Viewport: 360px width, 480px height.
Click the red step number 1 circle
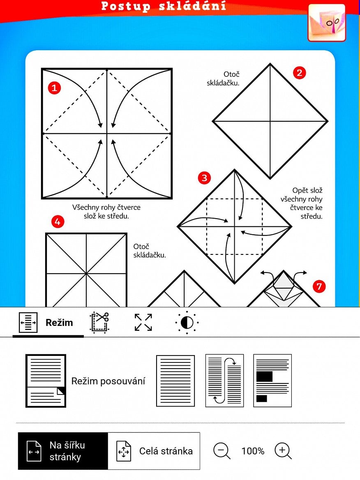pos(54,88)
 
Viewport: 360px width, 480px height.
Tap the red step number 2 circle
pos(299,73)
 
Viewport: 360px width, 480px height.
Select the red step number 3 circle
pos(204,178)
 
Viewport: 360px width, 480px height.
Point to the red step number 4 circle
pos(57,222)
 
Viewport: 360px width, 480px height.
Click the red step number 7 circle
pos(319,286)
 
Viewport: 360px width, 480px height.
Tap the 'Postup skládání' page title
pos(164,6)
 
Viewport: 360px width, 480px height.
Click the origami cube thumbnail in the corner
pos(327,23)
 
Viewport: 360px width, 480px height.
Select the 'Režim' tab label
pos(59,323)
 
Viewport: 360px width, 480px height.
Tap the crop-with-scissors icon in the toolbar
pos(99,322)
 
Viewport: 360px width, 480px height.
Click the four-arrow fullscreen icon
pos(143,322)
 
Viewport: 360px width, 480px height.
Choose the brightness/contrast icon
pos(187,323)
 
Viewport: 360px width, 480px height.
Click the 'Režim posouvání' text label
pos(108,381)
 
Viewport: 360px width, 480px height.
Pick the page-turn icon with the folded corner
pos(46,381)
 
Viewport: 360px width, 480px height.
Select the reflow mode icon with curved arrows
pos(224,381)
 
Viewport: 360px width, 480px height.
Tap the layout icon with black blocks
pos(272,381)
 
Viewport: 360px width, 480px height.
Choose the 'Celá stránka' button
pos(154,451)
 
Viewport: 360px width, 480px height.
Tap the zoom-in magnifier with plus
pos(283,451)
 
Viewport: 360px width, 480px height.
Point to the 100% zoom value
pos(253,451)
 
